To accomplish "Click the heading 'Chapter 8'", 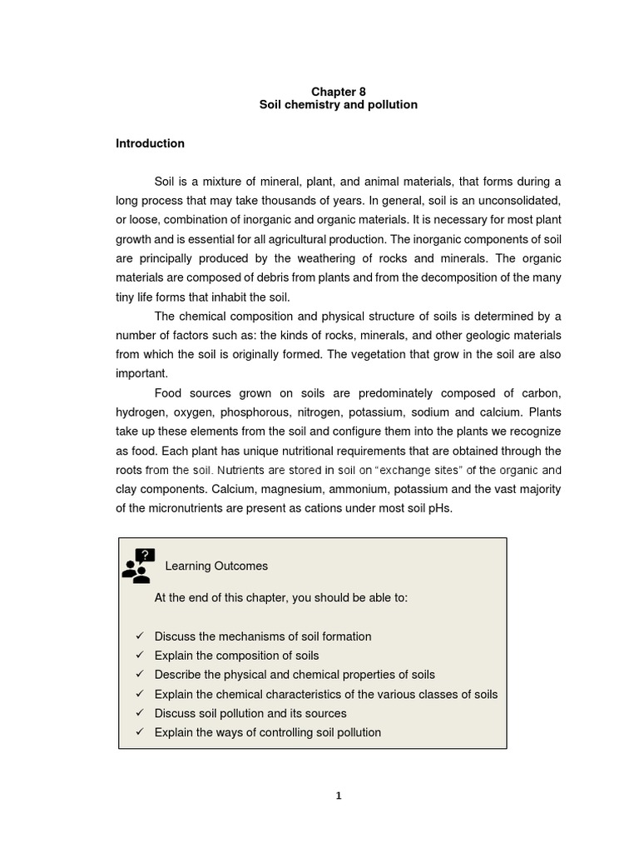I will [x=338, y=92].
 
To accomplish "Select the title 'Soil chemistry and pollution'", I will [x=338, y=105].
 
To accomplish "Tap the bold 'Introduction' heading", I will [x=150, y=143].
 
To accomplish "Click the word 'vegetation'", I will [x=413, y=354].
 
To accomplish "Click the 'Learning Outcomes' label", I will [x=216, y=566].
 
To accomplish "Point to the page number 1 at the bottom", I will [x=338, y=796].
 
